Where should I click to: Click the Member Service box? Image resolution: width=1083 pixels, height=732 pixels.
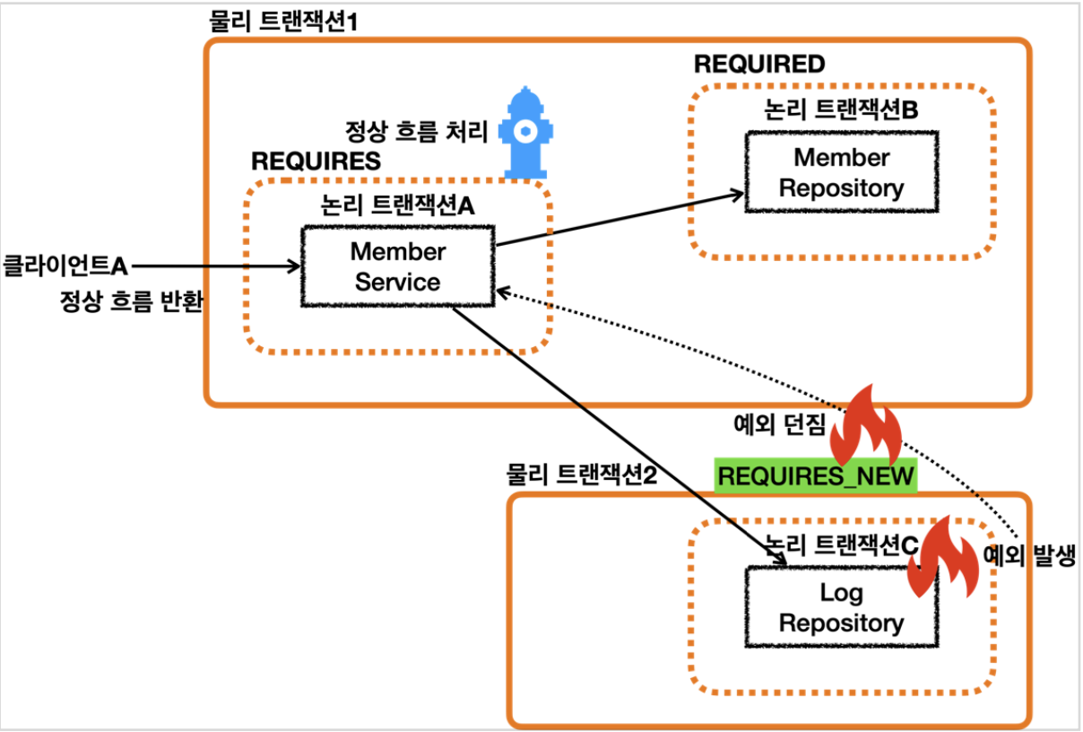coord(398,266)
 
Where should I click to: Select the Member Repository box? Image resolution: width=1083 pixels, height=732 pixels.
coord(841,172)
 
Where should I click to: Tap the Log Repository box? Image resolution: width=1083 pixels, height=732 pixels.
coord(841,607)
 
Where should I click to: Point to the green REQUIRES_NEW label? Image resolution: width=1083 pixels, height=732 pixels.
coord(816,475)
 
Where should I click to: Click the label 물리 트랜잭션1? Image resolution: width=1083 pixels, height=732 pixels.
coord(283,21)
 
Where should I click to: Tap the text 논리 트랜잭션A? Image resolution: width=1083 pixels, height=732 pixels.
coord(397,205)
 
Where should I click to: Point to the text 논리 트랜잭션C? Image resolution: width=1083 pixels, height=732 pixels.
coord(840,544)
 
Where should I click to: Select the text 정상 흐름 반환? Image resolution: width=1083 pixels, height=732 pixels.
coord(131,301)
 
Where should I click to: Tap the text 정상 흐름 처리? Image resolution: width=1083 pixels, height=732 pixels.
coord(417,132)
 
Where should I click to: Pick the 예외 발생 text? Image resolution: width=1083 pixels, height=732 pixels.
coord(1031,553)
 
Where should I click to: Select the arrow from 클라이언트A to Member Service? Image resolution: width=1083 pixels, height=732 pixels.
coord(215,266)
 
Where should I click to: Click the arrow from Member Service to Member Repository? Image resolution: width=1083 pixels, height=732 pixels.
coord(619,218)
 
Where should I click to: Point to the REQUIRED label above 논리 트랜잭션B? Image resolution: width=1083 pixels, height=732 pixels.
coord(759,64)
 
